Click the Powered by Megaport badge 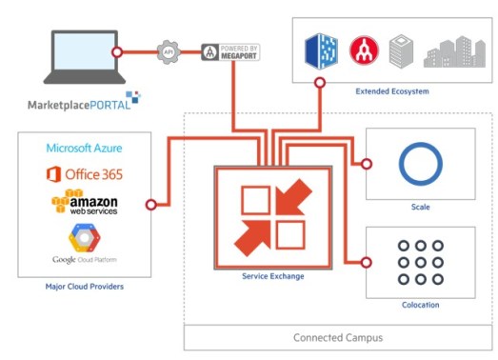231,52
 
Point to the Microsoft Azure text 85,149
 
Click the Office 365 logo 85,173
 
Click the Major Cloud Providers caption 84,286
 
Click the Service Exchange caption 272,275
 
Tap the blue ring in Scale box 420,165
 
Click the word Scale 420,206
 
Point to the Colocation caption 420,305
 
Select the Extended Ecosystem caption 391,91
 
